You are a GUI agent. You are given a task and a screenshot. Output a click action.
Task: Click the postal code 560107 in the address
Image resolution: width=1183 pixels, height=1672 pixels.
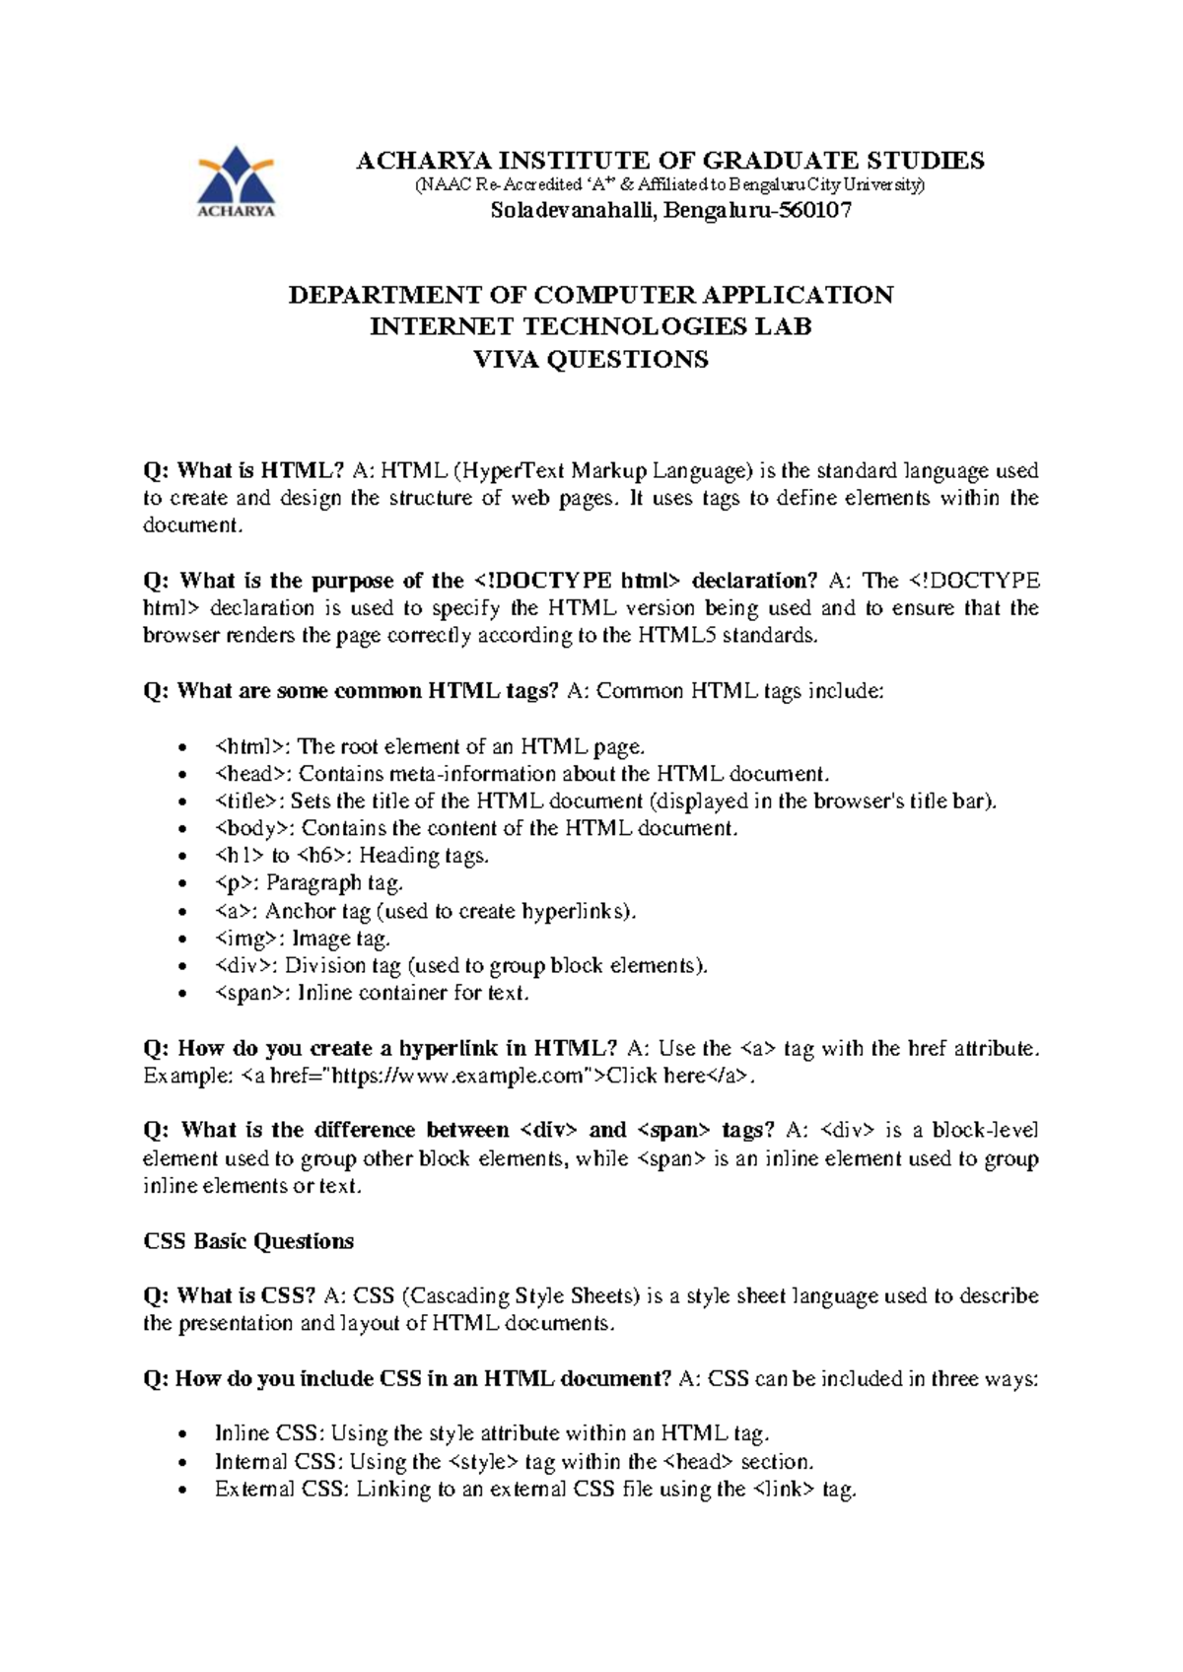814,210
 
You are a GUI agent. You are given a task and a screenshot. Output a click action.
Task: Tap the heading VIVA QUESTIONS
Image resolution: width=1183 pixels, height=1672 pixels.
591,359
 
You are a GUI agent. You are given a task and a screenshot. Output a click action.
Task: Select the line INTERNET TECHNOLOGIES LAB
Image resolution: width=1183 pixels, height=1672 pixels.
591,326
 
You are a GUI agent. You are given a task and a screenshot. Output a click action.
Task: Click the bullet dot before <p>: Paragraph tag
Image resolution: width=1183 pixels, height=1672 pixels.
181,884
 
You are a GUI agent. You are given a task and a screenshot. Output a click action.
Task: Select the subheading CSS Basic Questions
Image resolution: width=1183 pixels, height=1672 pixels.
248,1241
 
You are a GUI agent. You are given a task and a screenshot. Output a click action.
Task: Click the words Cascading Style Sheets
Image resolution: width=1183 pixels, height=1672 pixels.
521,1295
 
